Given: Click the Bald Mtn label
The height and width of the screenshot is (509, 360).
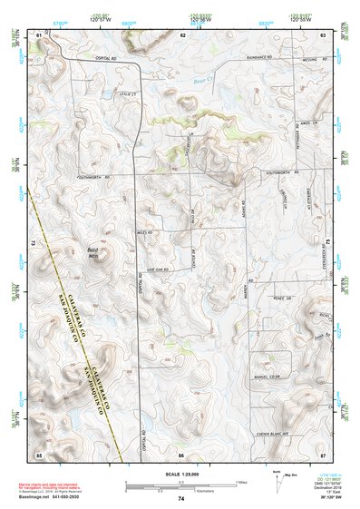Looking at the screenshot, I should [92, 253].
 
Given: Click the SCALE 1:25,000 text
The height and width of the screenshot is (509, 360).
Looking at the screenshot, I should [180, 473].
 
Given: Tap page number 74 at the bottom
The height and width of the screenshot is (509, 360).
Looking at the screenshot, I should [181, 499].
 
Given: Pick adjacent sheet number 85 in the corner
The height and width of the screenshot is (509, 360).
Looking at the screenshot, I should [38, 453].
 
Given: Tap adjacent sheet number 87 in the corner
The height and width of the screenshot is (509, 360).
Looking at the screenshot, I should [324, 453].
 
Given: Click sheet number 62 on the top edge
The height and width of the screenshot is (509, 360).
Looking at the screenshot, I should [182, 34].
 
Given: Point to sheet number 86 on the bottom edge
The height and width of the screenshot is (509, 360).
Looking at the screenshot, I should [181, 453].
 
